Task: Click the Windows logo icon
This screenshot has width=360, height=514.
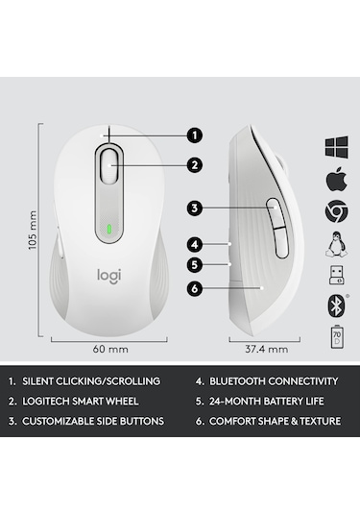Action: click(x=336, y=147)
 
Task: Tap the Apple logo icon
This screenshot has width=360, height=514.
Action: click(x=336, y=179)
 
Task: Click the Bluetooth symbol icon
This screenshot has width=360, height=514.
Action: click(x=336, y=306)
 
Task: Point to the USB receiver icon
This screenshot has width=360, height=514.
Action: click(x=336, y=275)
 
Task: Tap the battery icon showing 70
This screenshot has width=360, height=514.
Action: click(x=336, y=337)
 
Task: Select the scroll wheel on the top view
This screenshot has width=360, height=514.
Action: click(x=110, y=164)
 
